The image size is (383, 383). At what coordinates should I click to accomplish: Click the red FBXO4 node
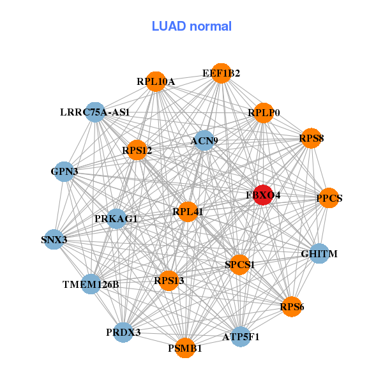click(x=263, y=195)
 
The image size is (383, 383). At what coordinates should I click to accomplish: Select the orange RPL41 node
click(x=188, y=212)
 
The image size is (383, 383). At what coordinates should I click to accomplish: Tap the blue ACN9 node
click(x=204, y=140)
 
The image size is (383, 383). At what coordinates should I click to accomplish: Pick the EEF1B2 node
click(x=221, y=73)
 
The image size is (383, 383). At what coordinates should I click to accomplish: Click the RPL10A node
click(x=156, y=82)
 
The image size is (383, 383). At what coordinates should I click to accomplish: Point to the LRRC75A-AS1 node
click(x=95, y=112)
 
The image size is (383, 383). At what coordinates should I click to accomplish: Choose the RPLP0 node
click(x=263, y=113)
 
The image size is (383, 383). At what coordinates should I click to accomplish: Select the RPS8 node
click(x=312, y=139)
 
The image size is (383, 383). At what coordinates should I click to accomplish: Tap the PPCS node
click(x=329, y=198)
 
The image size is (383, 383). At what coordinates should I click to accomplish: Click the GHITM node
click(x=319, y=253)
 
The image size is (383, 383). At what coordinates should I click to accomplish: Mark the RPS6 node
click(x=292, y=306)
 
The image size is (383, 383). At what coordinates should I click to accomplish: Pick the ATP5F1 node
click(x=241, y=336)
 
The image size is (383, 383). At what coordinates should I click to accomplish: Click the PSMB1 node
click(x=185, y=348)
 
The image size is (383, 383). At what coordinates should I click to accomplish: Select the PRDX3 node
click(x=123, y=332)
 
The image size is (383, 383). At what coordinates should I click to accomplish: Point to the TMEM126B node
click(x=91, y=284)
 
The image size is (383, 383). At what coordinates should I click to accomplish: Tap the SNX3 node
click(x=54, y=239)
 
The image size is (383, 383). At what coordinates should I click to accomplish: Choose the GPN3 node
click(x=64, y=172)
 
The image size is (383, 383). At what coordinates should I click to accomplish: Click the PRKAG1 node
click(x=116, y=218)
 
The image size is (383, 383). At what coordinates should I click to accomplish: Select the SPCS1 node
click(x=239, y=264)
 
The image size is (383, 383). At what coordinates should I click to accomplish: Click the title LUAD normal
click(x=191, y=26)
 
